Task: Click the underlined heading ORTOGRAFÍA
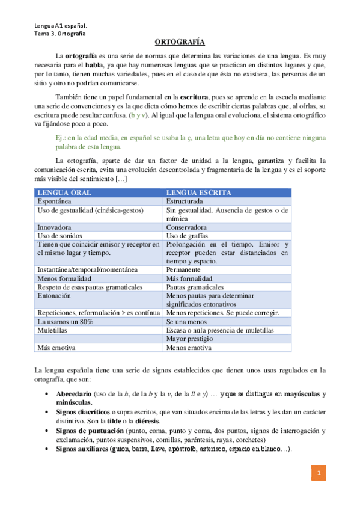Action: coord(180,42)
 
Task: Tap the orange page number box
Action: coord(320,474)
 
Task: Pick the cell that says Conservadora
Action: coord(186,227)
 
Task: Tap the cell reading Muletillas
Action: coord(54,330)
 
